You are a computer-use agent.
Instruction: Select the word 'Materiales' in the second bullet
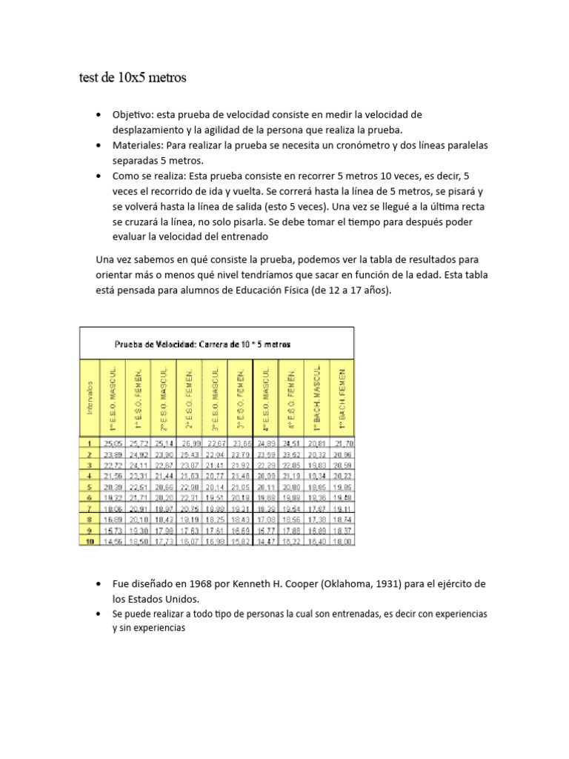click(137, 145)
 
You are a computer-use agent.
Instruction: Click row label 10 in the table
click(90, 543)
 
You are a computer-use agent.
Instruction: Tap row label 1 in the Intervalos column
click(90, 443)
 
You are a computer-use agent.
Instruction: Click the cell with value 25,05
click(114, 443)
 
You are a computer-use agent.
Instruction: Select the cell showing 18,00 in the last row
click(342, 543)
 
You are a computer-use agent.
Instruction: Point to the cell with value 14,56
click(114, 543)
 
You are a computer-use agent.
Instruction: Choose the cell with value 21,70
click(342, 443)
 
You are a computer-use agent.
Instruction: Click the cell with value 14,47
click(266, 543)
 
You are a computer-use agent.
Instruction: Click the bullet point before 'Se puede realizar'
click(99, 614)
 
